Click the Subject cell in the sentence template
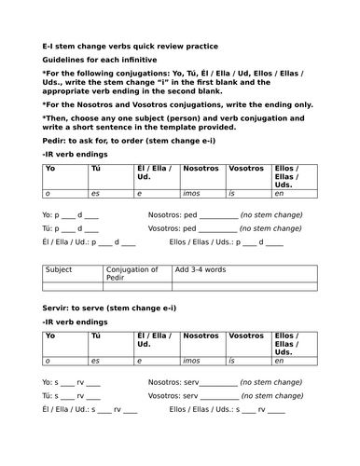[x=59, y=271]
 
